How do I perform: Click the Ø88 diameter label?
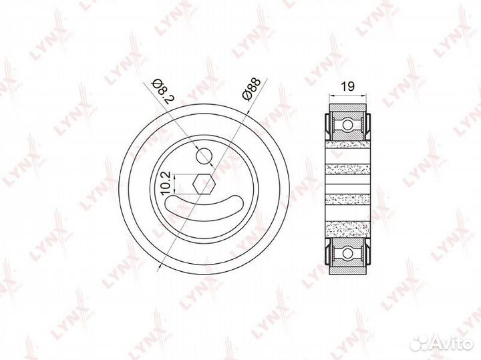[251, 89]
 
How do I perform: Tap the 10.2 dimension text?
[166, 183]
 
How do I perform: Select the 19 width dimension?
[347, 86]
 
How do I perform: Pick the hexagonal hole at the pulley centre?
[204, 184]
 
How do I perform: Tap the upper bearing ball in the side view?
[347, 125]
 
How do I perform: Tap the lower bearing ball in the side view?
[347, 253]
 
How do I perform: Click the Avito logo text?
[456, 344]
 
